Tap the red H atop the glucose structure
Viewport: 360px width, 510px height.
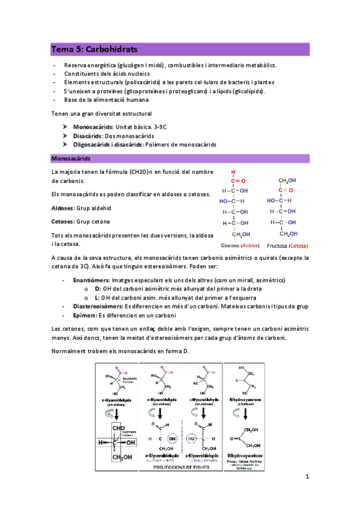coord(233,171)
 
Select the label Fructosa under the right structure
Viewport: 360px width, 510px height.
coord(278,246)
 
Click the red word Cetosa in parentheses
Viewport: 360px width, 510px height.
coord(299,246)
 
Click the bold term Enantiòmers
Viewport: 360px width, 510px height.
coord(90,280)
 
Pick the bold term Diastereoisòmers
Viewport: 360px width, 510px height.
coord(94,306)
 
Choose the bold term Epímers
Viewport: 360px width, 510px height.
coord(85,315)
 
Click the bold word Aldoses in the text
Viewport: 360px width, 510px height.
coord(63,207)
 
